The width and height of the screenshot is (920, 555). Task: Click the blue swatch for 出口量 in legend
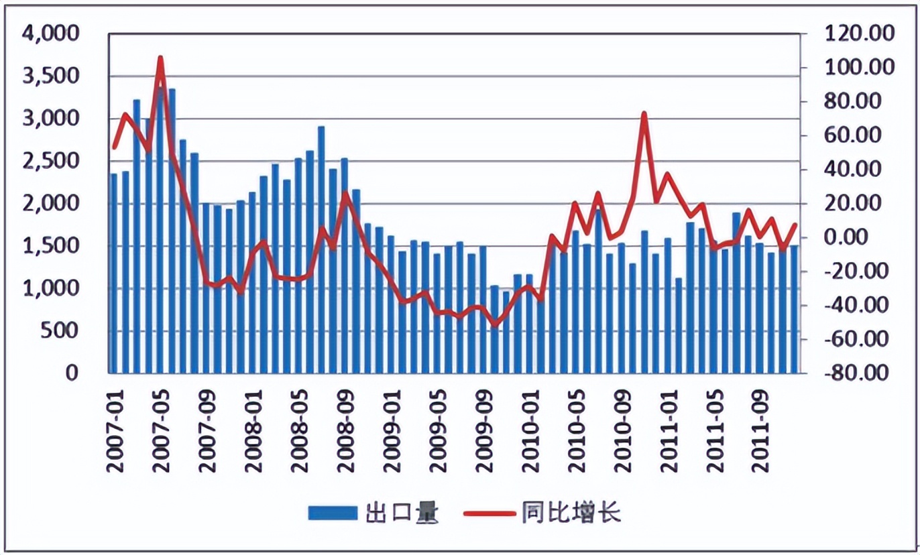click(333, 513)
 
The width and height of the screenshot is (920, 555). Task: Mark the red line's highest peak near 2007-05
click(160, 58)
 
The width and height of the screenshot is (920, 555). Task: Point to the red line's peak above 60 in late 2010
click(644, 113)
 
